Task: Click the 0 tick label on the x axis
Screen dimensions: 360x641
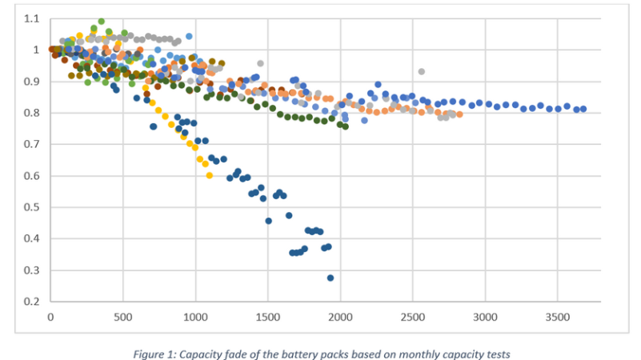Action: pyautogui.click(x=50, y=316)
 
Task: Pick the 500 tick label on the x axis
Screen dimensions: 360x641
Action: pyautogui.click(x=122, y=316)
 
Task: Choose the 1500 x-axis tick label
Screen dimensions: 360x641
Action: pyautogui.click(x=268, y=316)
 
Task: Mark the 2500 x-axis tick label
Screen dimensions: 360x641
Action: pyautogui.click(x=413, y=316)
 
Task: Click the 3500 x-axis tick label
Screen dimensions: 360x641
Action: pyautogui.click(x=558, y=316)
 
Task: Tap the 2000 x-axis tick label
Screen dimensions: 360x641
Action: pyautogui.click(x=340, y=316)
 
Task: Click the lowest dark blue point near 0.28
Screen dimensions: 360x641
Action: pyautogui.click(x=331, y=278)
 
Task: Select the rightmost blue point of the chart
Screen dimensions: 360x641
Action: pyautogui.click(x=583, y=109)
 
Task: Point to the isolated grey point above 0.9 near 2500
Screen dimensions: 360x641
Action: pyautogui.click(x=421, y=71)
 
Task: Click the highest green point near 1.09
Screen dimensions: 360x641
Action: pyautogui.click(x=101, y=22)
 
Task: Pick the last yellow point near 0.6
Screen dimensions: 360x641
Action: pyautogui.click(x=210, y=176)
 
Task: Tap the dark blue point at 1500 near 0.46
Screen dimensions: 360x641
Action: pyautogui.click(x=268, y=221)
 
